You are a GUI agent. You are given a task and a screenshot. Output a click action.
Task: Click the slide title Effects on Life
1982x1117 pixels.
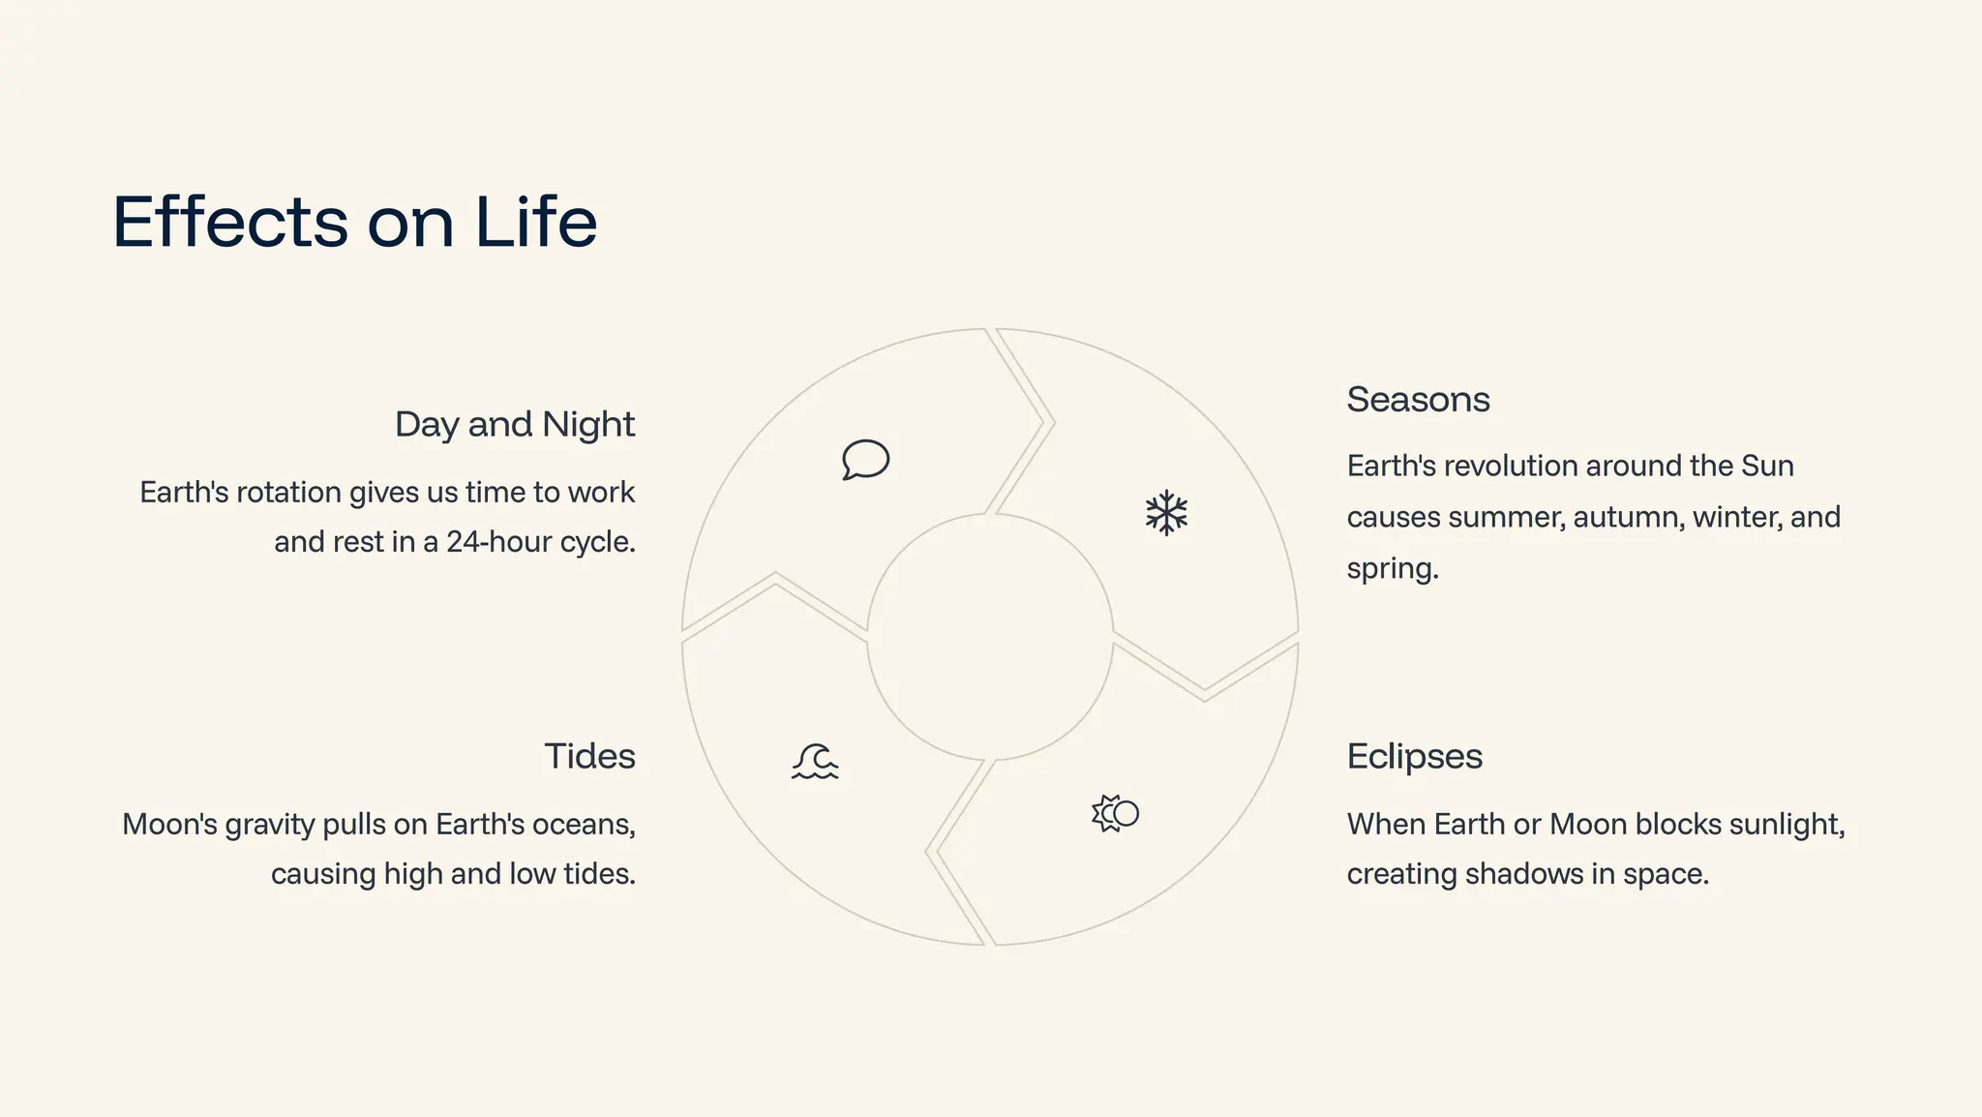354,222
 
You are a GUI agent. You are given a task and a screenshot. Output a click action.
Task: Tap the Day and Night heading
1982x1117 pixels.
514,425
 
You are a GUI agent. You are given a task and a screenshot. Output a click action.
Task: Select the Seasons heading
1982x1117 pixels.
1418,400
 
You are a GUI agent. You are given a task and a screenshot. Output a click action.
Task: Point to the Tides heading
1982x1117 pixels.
589,756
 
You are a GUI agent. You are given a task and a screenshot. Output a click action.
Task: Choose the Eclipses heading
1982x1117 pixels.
1414,756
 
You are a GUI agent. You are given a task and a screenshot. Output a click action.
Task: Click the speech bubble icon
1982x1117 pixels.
865,460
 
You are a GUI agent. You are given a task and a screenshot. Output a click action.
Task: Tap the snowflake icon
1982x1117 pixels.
1166,513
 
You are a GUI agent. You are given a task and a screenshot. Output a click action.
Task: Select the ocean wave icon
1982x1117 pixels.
815,762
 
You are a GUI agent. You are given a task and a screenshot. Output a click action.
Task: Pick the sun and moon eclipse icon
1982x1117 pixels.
1115,813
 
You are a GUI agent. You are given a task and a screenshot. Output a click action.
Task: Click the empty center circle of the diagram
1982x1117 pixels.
990,637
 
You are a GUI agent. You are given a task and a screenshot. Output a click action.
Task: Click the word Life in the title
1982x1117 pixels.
535,222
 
